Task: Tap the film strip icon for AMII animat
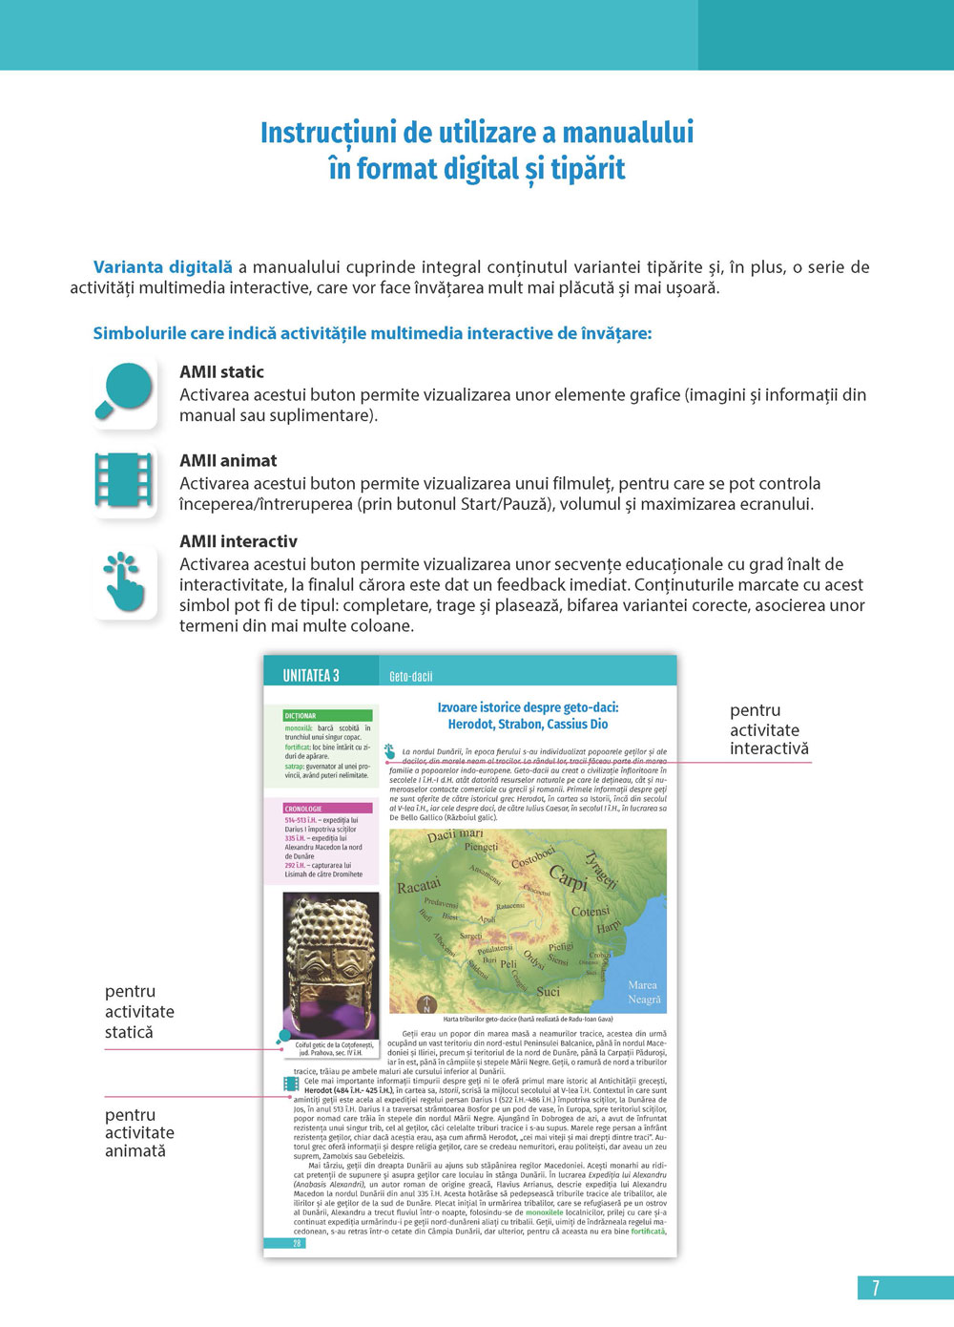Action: pos(125,479)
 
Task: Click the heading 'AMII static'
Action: pos(221,372)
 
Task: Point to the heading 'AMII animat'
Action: pos(228,461)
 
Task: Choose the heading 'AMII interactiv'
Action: pos(238,541)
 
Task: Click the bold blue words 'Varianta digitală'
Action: pos(163,267)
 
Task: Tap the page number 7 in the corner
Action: pos(876,1288)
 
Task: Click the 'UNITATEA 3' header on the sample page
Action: pos(311,676)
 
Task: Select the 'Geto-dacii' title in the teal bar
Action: pos(411,677)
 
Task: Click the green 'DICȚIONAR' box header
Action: pos(327,715)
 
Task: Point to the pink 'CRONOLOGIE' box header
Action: pos(327,809)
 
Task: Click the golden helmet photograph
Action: pos(330,964)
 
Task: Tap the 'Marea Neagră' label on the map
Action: pos(643,992)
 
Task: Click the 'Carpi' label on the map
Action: pos(568,878)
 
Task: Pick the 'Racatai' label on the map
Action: pos(419,886)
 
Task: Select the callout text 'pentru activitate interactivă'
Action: pos(769,730)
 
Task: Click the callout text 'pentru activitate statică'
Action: pos(139,1012)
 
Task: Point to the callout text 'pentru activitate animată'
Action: pos(139,1133)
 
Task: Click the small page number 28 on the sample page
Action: pos(297,1244)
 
